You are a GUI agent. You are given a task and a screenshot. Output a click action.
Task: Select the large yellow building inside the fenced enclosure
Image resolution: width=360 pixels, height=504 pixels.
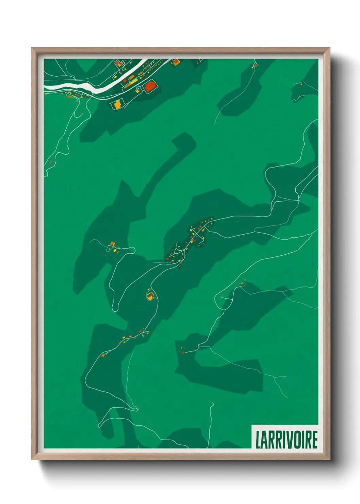coord(117,105)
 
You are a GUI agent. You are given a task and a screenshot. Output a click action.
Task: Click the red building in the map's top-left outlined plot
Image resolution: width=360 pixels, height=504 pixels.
coord(118,63)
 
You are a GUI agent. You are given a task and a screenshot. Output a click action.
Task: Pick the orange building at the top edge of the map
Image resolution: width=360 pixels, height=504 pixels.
coord(176,62)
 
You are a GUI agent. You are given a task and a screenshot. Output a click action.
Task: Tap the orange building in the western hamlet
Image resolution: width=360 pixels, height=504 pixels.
coord(112,244)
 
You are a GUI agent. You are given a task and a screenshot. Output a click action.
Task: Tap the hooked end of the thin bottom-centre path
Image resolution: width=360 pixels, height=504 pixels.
coord(213,404)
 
